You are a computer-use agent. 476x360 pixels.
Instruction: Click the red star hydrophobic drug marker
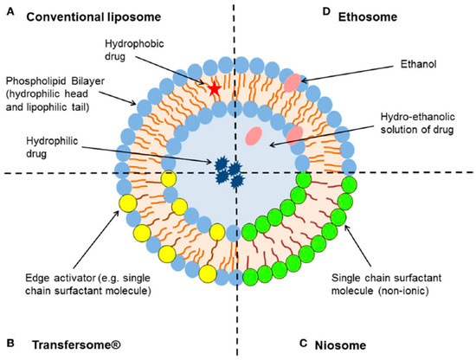[x=214, y=88]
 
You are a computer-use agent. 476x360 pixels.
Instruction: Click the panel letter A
[x=10, y=15]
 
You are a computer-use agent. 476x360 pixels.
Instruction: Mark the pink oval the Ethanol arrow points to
[x=295, y=82]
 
